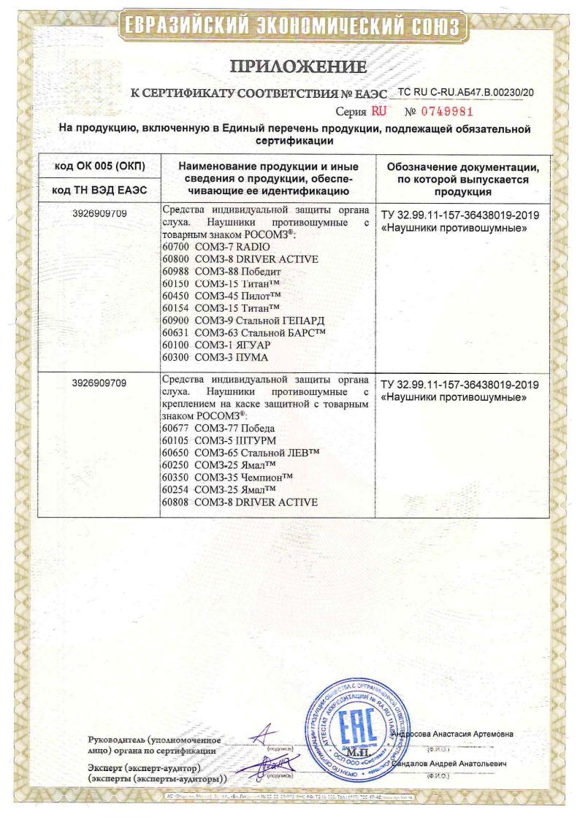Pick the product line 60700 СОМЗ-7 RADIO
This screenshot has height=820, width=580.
[x=209, y=248]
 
